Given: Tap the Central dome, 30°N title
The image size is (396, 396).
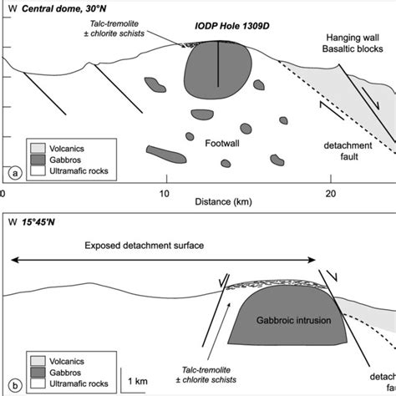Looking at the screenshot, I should click(58, 9).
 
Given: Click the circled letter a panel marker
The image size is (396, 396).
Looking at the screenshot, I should click(13, 174).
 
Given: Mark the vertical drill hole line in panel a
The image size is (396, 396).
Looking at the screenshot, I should click(218, 63).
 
